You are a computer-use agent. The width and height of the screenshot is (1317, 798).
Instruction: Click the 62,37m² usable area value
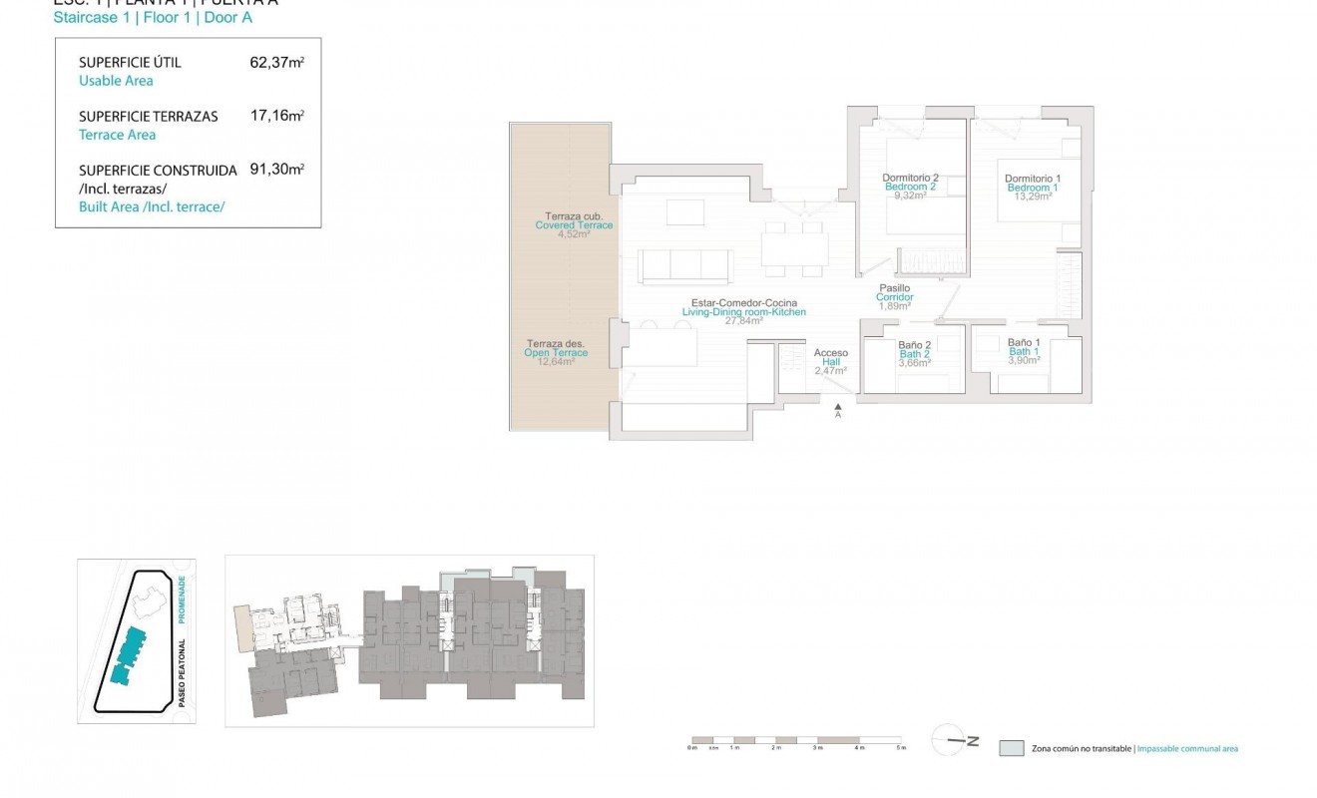(x=276, y=62)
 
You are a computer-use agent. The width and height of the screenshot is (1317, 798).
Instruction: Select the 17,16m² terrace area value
(x=276, y=116)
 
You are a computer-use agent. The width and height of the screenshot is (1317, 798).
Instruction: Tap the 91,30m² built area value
(x=276, y=170)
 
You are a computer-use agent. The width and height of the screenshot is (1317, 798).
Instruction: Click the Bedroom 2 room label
(x=910, y=187)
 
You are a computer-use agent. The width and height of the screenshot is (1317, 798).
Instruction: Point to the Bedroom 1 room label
(x=1033, y=188)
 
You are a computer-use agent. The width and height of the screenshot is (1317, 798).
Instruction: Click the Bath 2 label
(x=914, y=354)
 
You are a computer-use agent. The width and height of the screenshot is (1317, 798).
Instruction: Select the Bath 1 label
(x=1024, y=351)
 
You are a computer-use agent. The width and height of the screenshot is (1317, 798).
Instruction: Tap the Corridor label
(x=894, y=297)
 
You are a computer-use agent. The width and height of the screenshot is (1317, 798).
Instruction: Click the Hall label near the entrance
(x=831, y=362)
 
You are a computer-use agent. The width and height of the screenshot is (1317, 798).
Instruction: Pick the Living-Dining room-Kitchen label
(x=743, y=312)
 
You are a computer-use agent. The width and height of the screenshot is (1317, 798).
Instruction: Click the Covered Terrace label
(x=574, y=225)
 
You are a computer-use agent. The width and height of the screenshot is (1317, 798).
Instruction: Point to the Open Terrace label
(x=556, y=352)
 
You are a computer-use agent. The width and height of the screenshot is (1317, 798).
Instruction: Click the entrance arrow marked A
(x=838, y=409)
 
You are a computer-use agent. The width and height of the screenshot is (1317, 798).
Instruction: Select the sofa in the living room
(x=683, y=266)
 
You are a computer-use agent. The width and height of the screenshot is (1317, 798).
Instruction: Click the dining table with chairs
(x=794, y=247)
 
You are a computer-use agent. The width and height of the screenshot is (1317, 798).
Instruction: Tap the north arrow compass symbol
(x=955, y=740)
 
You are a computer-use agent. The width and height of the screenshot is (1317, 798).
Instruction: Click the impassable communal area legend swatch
(x=1011, y=748)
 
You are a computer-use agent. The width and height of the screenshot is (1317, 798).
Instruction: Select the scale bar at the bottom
(x=796, y=741)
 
